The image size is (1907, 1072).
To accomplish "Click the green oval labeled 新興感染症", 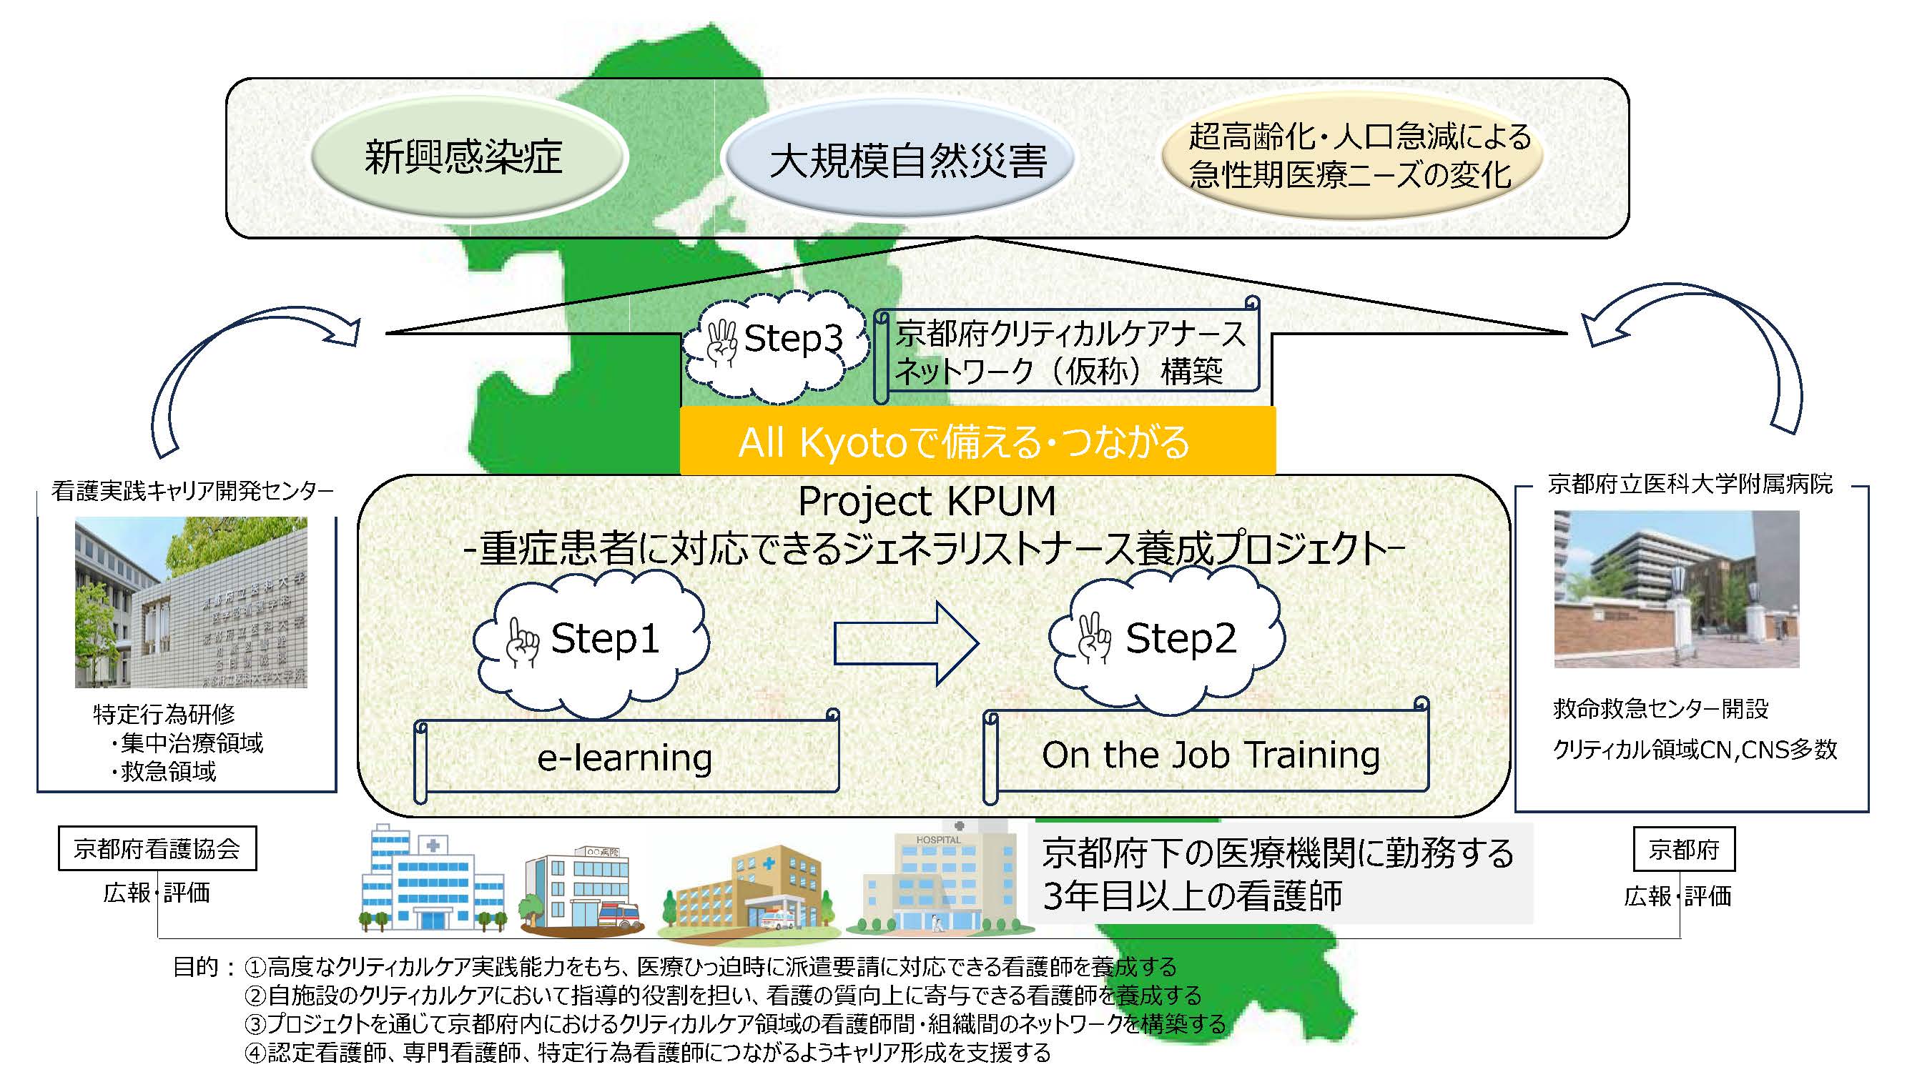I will point(468,157).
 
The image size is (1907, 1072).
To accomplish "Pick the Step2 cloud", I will point(1167,639).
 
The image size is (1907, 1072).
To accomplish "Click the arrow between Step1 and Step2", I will point(906,642).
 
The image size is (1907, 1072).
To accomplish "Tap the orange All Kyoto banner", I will point(977,442).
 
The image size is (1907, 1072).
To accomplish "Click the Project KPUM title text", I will point(927,502).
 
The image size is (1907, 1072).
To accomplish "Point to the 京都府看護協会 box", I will point(157,848).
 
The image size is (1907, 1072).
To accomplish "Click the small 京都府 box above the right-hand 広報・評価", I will point(1683,849).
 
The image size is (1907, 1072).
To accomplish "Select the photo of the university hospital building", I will point(1676,589).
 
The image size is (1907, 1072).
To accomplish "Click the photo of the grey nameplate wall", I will point(191,602).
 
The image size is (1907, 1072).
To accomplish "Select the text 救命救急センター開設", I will point(1660,709).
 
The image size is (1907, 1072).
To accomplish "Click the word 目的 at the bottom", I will point(195,966).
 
